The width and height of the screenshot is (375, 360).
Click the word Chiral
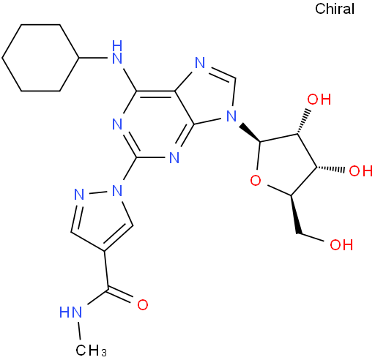pyautogui.click(x=335, y=9)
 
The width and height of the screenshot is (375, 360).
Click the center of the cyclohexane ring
pyautogui.click(x=40, y=58)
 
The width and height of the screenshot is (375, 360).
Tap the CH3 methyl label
pyautogui.click(x=92, y=350)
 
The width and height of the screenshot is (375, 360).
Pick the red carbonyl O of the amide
pyautogui.click(x=143, y=304)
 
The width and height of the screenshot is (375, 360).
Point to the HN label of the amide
pyautogui.click(x=70, y=312)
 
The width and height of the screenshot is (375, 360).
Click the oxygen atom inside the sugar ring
pyautogui.click(x=256, y=181)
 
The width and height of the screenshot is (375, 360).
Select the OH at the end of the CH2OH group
pyautogui.click(x=341, y=244)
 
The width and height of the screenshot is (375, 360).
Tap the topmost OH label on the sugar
pyautogui.click(x=319, y=100)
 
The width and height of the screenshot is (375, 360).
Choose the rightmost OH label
pyautogui.click(x=361, y=170)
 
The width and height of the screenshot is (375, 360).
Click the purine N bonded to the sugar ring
pyautogui.click(x=231, y=116)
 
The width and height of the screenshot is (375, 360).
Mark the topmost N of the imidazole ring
pyautogui.click(x=200, y=62)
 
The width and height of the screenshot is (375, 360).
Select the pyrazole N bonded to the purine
pyautogui.click(x=117, y=190)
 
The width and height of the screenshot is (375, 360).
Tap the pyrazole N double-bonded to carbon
pyautogui.click(x=79, y=195)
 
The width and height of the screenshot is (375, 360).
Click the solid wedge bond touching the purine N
pyautogui.click(x=250, y=133)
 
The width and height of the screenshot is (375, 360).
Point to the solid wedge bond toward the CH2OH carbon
pyautogui.click(x=295, y=214)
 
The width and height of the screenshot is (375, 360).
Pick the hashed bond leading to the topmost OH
pyautogui.click(x=303, y=121)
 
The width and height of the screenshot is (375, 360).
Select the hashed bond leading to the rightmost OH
pyautogui.click(x=330, y=168)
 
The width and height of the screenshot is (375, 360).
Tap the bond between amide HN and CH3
pyautogui.click(x=79, y=331)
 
